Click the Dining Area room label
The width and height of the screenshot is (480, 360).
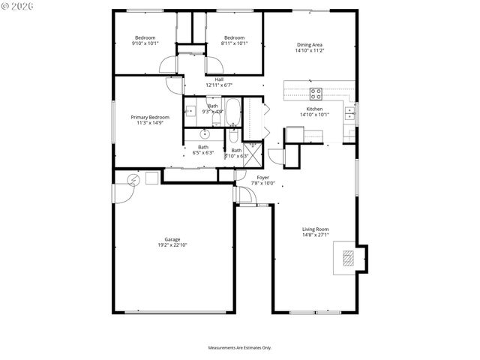[313, 45]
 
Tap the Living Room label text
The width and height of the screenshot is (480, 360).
[315, 229]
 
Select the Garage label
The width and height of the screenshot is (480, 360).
[172, 239]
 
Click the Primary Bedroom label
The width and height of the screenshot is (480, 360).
[149, 117]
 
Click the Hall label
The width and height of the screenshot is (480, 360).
[219, 79]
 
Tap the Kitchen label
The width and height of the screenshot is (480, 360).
[314, 109]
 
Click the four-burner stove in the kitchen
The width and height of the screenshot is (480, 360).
[316, 94]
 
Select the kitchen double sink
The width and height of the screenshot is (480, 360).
[350, 114]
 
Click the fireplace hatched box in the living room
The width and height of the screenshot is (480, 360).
[348, 259]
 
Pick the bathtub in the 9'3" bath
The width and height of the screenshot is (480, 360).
[232, 112]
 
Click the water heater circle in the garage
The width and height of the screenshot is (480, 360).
[133, 179]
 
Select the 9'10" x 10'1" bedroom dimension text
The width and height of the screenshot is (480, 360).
[145, 43]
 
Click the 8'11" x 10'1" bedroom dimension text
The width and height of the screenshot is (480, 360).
[234, 43]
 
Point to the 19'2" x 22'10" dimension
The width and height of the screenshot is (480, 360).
[172, 244]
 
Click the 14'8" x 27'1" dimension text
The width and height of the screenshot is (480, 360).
[315, 235]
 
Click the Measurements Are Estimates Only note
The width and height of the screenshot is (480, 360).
[239, 348]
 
